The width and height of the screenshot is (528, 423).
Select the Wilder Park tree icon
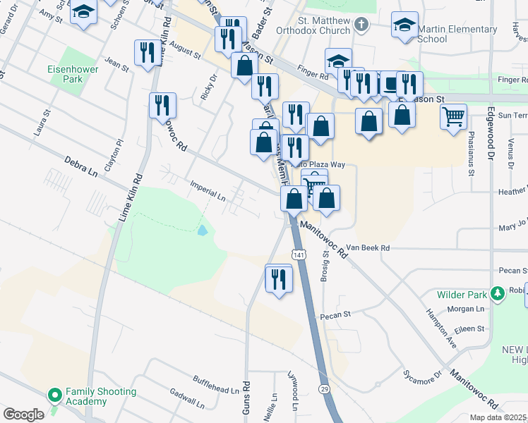point(498,292)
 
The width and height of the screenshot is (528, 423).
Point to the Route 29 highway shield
point(324,389)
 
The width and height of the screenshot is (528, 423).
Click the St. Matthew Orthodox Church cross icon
point(361,26)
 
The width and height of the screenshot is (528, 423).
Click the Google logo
point(23,415)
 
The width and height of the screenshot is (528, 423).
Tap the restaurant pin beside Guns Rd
point(279,279)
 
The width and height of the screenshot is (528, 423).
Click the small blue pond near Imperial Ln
point(203,231)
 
